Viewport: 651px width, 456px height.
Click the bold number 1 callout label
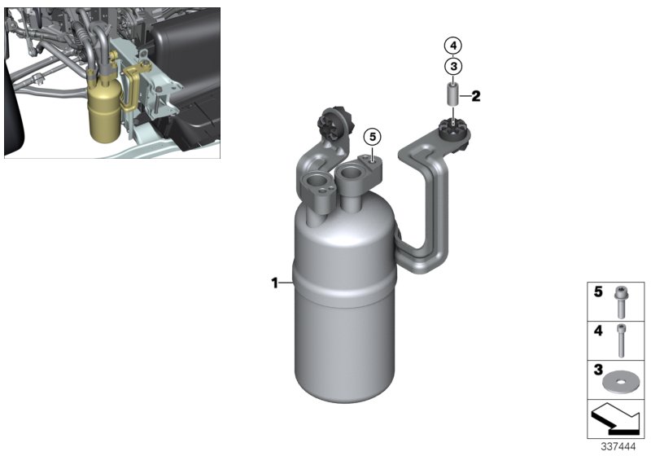(x=275, y=283)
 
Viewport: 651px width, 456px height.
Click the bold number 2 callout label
(x=476, y=96)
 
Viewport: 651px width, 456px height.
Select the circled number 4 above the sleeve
(x=453, y=45)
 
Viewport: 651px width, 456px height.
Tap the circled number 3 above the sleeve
(x=453, y=66)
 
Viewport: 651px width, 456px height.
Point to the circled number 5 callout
(x=372, y=136)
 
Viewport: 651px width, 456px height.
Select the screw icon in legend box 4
(x=623, y=341)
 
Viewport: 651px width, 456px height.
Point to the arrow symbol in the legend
(x=616, y=420)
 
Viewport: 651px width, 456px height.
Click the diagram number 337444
(x=619, y=447)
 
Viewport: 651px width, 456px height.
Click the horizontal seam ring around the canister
(x=345, y=281)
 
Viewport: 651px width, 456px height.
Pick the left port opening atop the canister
(x=315, y=183)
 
